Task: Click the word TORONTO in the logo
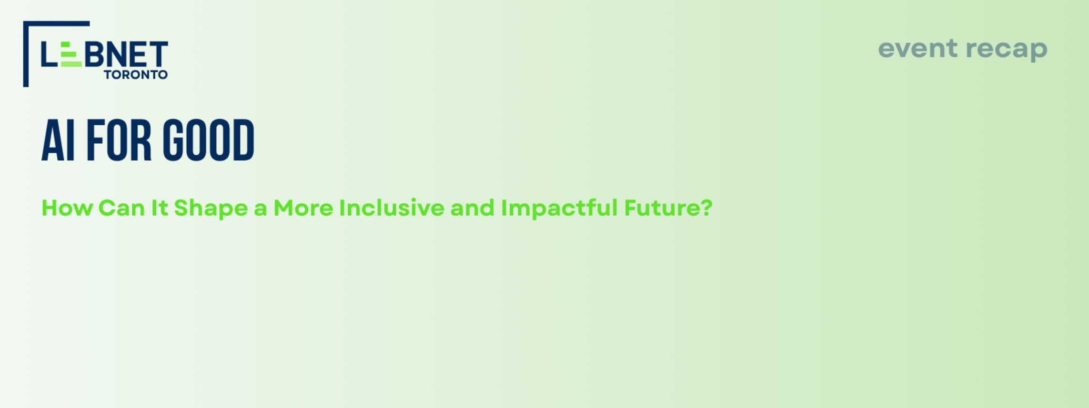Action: [x=136, y=75]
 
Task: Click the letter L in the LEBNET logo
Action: [x=49, y=54]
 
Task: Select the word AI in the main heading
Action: [x=58, y=140]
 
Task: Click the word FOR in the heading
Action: [x=119, y=140]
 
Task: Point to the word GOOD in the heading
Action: [x=209, y=140]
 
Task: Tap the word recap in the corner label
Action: [x=1007, y=50]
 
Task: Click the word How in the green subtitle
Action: [x=67, y=208]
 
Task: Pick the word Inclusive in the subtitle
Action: [x=392, y=208]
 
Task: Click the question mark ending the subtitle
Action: [x=707, y=208]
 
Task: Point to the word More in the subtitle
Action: [x=303, y=208]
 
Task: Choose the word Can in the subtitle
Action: [x=121, y=208]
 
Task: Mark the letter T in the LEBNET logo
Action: [x=157, y=54]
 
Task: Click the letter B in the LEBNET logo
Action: [x=94, y=54]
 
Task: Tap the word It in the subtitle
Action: [x=160, y=208]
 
